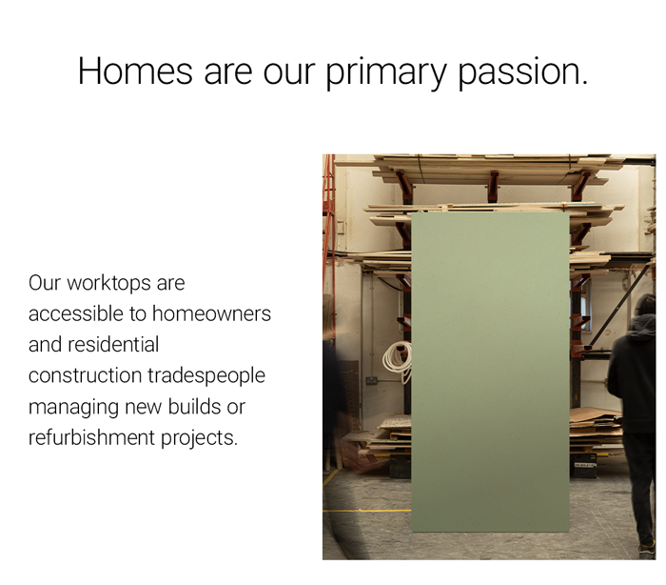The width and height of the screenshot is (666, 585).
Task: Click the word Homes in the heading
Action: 135,71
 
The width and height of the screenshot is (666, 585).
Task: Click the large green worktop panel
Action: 490,372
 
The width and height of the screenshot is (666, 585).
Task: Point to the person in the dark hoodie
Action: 634,400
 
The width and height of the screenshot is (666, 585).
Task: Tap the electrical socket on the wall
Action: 371,379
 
